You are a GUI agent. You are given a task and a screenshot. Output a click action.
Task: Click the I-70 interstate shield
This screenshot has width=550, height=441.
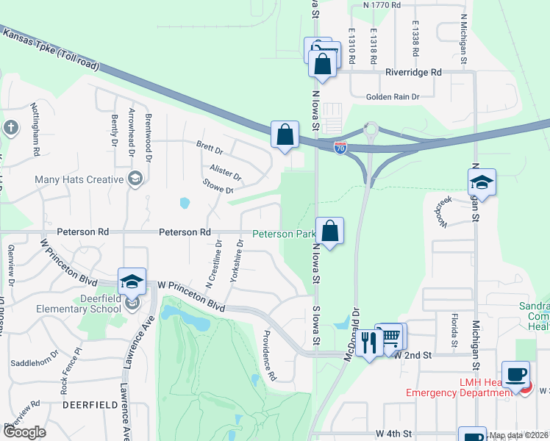click(340, 148)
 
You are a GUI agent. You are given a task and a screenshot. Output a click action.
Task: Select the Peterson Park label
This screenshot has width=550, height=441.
click(284, 234)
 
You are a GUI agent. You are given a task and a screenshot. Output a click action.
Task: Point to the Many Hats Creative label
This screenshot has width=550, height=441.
click(79, 179)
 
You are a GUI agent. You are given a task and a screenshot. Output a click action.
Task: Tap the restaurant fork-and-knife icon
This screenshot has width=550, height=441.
click(370, 342)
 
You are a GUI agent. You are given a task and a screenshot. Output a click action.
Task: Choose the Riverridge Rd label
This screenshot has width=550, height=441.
click(413, 73)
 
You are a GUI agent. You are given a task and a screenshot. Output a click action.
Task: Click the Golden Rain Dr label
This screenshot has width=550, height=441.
click(393, 96)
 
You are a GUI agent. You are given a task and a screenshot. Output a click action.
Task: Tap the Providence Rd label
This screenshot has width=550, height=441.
click(266, 356)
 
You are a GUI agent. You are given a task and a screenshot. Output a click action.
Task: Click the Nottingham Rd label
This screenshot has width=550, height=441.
click(35, 129)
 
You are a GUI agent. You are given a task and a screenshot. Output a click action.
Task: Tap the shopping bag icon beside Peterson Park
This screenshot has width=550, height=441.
click(330, 232)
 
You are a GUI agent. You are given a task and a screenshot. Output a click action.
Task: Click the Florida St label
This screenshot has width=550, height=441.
click(454, 329)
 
